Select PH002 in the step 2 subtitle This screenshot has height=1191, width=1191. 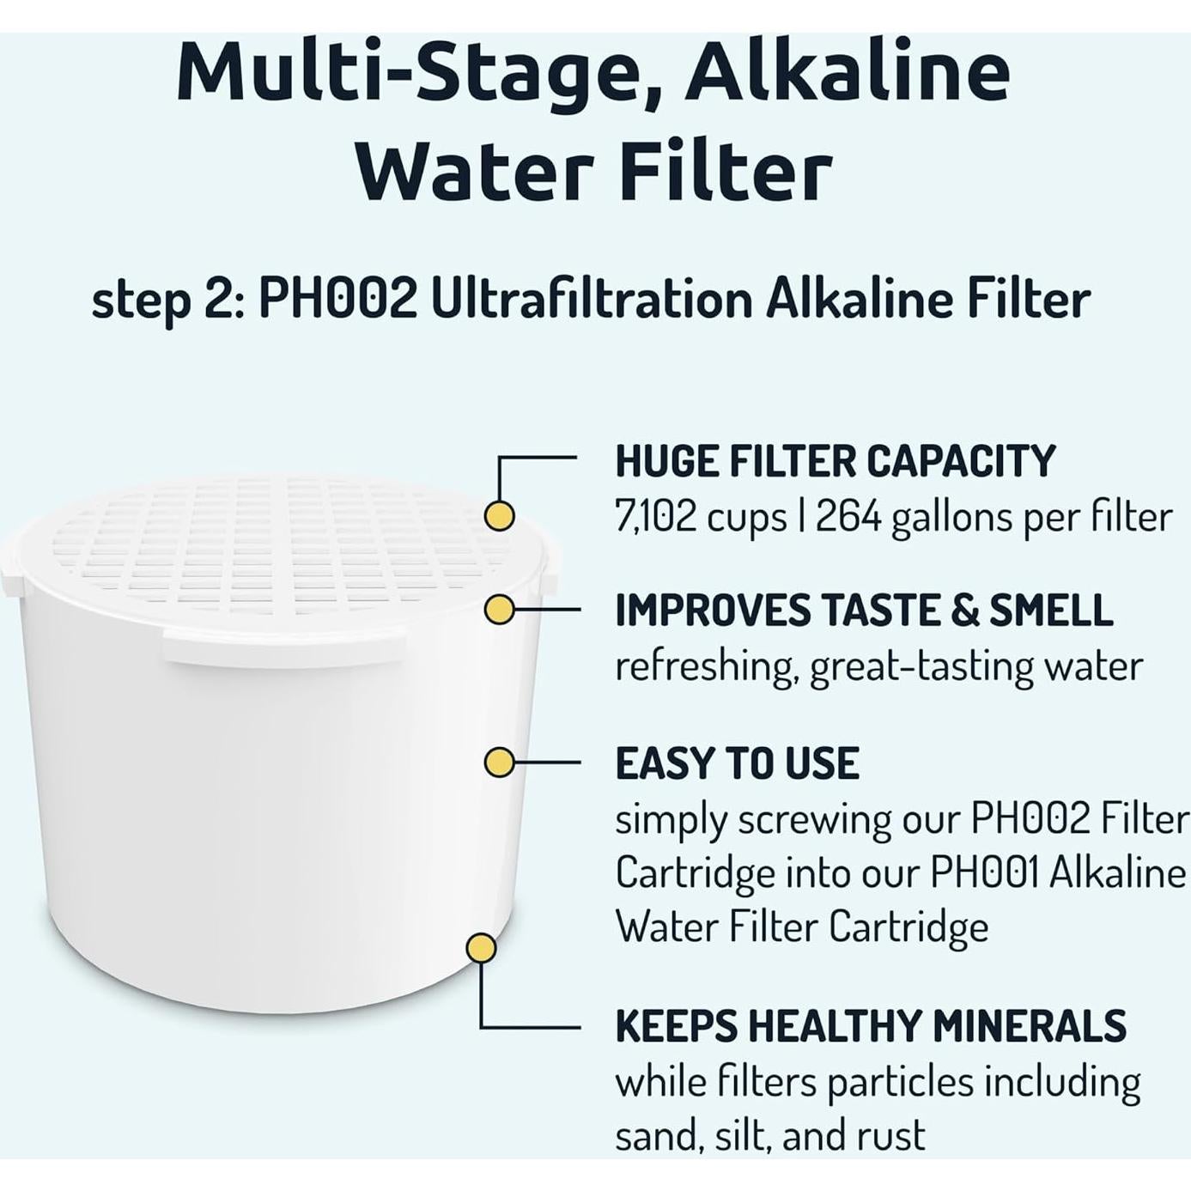coord(337,300)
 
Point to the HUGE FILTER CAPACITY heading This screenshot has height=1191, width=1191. coord(835,461)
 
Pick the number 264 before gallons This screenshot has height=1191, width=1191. coord(848,517)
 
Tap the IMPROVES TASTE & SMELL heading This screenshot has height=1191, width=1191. coord(863,611)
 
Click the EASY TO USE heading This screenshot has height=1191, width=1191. coord(737,763)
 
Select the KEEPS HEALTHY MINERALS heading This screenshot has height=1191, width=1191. coord(870,1025)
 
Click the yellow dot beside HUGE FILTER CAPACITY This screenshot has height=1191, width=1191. coord(499,516)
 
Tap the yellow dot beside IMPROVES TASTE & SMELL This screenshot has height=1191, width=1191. coord(499,610)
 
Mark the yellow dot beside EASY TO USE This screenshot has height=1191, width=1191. coord(499,763)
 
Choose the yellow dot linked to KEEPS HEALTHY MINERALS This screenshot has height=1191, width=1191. coord(481,949)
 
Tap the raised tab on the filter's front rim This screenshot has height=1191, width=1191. coord(283,646)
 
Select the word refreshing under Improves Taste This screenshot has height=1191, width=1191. coord(705,666)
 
